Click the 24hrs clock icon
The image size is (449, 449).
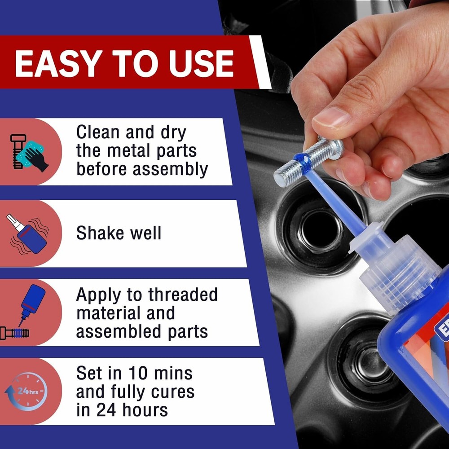pyautogui.click(x=26, y=391)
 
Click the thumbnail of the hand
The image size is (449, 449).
pyautogui.click(x=331, y=118)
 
